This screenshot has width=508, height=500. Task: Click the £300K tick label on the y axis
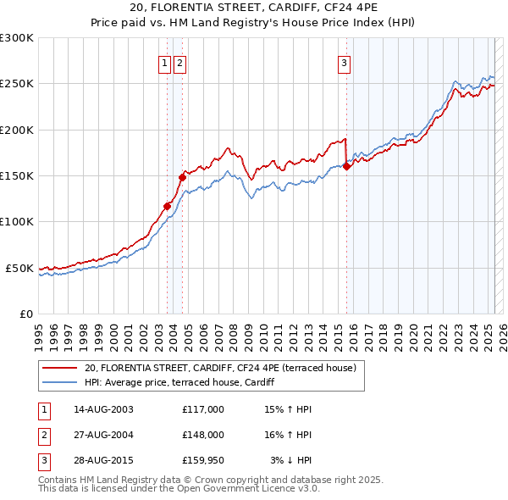point(17,38)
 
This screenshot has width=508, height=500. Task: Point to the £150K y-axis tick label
point(17,175)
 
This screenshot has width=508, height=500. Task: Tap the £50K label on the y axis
point(19,268)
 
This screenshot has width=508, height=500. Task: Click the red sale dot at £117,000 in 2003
point(167,206)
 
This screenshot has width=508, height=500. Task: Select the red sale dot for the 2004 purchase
point(182,177)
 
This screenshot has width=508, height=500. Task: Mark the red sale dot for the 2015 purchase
point(347,166)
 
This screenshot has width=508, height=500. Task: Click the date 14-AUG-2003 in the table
point(104,409)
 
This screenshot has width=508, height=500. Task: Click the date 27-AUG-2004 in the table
point(104,435)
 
